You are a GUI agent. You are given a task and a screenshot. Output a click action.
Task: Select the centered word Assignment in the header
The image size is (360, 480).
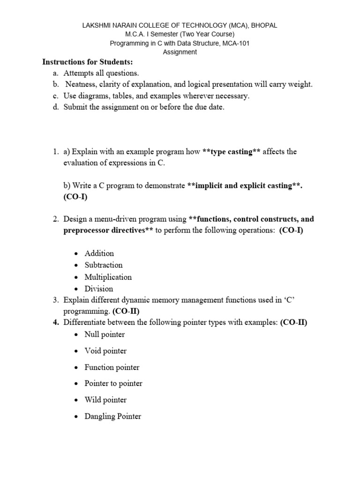point(180,52)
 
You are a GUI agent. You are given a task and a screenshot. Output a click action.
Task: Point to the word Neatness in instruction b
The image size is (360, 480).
point(82,84)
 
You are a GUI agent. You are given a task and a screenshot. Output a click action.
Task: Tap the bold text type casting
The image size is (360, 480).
point(232,152)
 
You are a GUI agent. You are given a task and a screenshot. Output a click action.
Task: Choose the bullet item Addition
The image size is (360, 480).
point(99,253)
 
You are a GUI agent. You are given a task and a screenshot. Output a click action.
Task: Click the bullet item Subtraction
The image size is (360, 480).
point(103,265)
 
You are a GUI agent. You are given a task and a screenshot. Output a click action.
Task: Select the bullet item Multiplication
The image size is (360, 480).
point(108,277)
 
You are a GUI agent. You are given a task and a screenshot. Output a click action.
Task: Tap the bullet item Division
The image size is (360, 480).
point(98,289)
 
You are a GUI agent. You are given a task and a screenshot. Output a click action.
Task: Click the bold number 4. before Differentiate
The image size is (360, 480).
point(55,322)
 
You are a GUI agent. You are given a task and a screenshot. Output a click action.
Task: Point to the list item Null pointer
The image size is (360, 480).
point(105,334)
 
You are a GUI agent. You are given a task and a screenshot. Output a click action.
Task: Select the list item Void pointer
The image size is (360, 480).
point(105,351)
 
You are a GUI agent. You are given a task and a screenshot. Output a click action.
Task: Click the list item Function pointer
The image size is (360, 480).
point(112,367)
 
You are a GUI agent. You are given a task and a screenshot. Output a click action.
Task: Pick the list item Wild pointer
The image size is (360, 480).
point(105,400)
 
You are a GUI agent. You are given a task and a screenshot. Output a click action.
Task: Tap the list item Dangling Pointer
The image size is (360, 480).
point(112,416)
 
